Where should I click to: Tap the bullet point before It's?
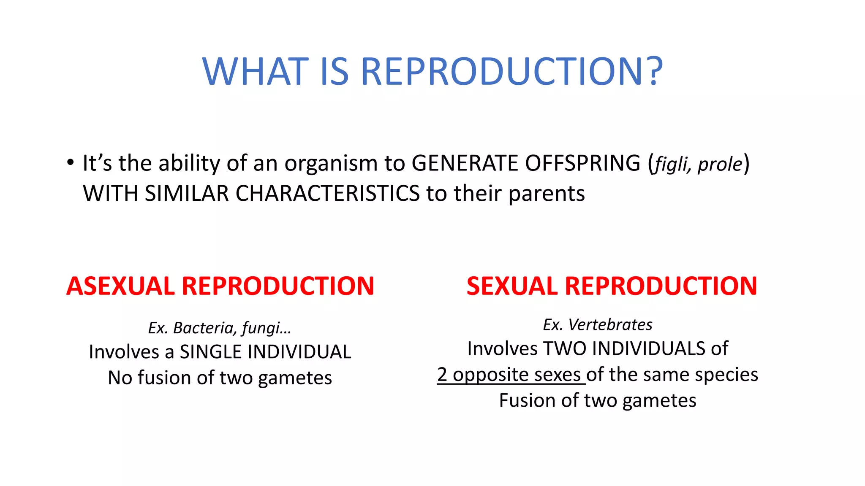point(70,162)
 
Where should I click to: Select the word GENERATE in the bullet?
point(464,163)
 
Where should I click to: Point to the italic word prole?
point(720,164)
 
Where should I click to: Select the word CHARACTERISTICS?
point(327,194)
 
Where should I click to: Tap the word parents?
point(547,194)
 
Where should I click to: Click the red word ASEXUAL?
point(120,286)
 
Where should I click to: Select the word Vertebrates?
point(610,324)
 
